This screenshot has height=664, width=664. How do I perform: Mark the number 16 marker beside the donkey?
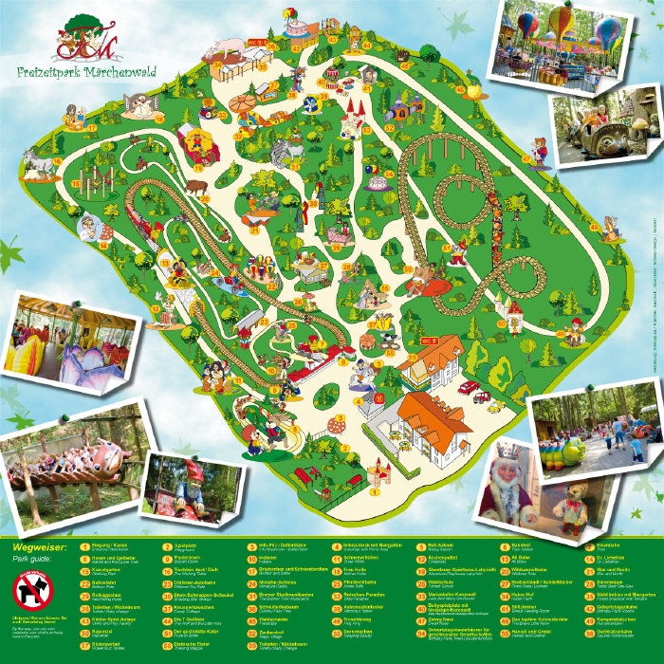click(x=57, y=161)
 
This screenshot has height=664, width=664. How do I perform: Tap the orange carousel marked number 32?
click(x=241, y=100)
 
